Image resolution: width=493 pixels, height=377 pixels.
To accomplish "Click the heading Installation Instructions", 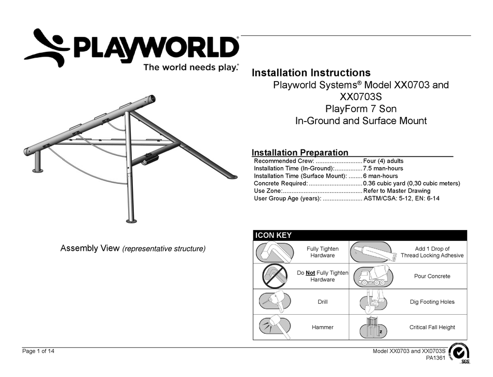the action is pos(311,73).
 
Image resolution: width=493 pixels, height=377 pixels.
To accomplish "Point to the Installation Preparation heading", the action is pos(300,153).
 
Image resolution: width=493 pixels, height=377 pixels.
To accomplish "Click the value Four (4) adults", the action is pos(384,161).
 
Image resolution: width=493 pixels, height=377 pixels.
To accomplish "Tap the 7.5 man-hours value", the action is pos(383,168).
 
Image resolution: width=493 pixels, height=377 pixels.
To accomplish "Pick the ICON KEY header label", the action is pos(273,235).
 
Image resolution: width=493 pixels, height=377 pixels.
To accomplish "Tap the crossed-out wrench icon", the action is pos(274,276).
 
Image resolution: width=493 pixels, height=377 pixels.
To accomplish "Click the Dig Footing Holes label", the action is pos(432,302).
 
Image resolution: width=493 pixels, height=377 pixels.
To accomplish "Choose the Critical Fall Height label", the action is pos(432,327).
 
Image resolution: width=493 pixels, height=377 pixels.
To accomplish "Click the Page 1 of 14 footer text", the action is pos(38,352).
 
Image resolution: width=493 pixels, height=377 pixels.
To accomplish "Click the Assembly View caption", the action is pos(133,249).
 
